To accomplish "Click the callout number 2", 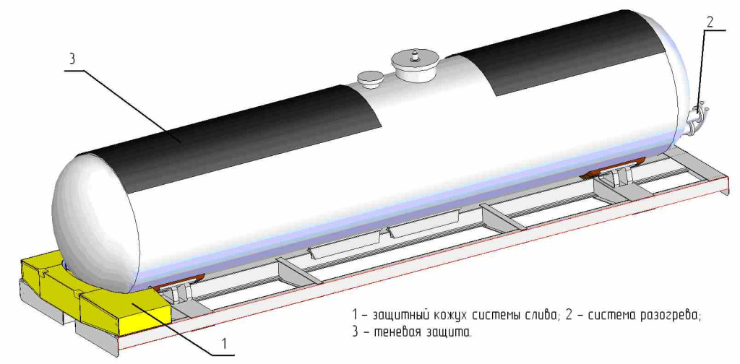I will pyautogui.click(x=709, y=22).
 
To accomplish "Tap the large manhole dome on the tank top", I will pyautogui.click(x=414, y=65).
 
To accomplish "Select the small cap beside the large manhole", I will pyautogui.click(x=371, y=77).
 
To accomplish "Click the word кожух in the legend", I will pyautogui.click(x=452, y=316).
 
